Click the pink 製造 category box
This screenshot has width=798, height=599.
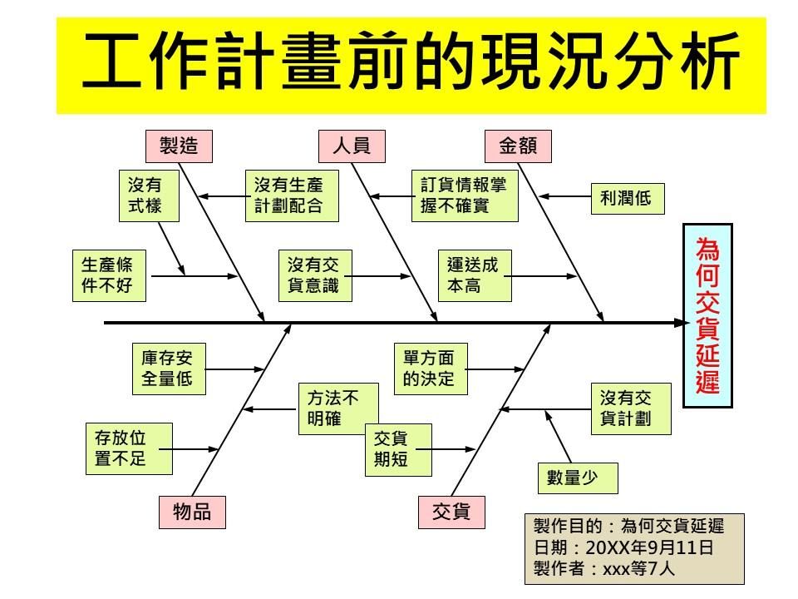(x=179, y=146)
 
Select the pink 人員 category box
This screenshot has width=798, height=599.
(x=352, y=146)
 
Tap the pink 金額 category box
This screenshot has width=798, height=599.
(x=518, y=146)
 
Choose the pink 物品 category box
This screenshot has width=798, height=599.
(x=191, y=512)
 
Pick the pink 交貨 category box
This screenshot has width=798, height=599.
(x=451, y=512)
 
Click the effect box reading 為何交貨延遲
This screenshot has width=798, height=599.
(x=707, y=315)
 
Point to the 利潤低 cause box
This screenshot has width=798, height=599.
(x=627, y=198)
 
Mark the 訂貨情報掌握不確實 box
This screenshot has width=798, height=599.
(x=464, y=196)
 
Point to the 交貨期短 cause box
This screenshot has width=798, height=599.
(x=397, y=449)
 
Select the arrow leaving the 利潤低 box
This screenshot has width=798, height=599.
(x=565, y=197)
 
